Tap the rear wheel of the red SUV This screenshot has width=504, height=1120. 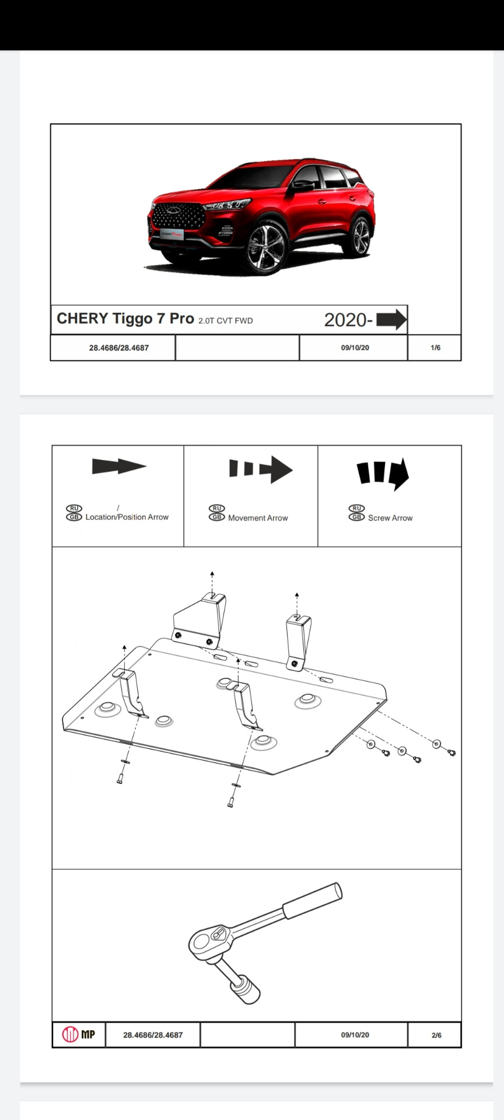coord(360,236)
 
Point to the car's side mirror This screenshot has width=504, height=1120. coord(303,185)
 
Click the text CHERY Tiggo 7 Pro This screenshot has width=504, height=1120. coord(125,318)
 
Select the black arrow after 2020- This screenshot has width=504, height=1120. coord(391,319)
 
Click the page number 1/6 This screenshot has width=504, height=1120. coord(435,348)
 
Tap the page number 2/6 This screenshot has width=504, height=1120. coord(436,1035)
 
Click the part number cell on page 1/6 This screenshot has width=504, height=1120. coord(119,348)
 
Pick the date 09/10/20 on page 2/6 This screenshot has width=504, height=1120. coord(355,1035)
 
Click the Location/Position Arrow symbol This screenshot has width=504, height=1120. coord(119,466)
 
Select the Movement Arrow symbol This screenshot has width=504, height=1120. coord(261,469)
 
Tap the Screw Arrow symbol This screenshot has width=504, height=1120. coord(383,473)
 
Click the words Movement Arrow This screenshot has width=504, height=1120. coord(258,517)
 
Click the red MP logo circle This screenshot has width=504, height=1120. coord(70,1035)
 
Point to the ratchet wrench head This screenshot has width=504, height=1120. coord(211,939)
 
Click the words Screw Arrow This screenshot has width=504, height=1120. coord(390,517)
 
